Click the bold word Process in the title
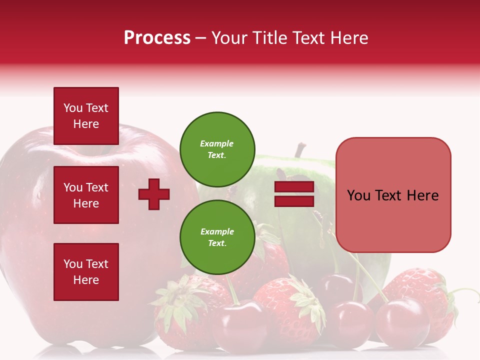[157, 38]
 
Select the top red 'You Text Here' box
[86, 116]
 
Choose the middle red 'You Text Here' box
[86, 195]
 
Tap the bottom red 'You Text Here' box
[86, 272]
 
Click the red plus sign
[154, 194]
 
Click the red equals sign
[294, 194]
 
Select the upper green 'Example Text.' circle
[217, 149]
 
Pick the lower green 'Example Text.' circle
[217, 237]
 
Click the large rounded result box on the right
[393, 195]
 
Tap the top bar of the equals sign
[294, 187]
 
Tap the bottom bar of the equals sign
[294, 201]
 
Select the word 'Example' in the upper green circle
[217, 143]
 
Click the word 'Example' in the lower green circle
[217, 231]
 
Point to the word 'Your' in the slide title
[228, 38]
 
